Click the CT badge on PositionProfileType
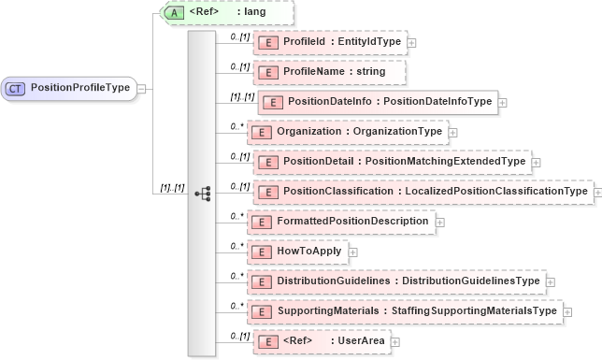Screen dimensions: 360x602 tap(16, 88)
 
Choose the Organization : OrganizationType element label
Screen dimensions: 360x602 tap(359, 132)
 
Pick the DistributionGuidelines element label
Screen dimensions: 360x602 tap(408, 281)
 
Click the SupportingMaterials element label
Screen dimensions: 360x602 tap(417, 310)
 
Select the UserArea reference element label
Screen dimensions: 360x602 tap(333, 341)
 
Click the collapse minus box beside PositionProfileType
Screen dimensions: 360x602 tap(141, 89)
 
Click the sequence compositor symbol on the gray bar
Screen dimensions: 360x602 tap(202, 194)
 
